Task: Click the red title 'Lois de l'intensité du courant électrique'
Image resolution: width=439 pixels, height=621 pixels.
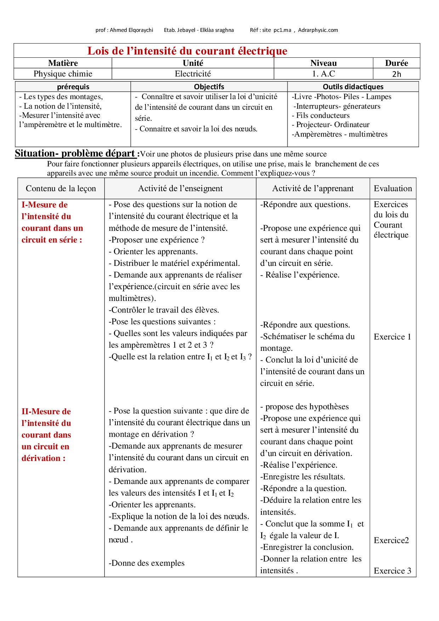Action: [x=187, y=51]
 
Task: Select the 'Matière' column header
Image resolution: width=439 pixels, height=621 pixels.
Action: [x=63, y=63]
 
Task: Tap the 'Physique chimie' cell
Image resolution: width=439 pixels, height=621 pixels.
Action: [x=63, y=74]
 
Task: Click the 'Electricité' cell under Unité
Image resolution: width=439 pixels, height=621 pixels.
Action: [x=193, y=74]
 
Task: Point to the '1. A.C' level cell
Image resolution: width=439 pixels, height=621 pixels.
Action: [x=324, y=74]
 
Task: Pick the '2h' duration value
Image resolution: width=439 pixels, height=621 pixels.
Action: [x=397, y=74]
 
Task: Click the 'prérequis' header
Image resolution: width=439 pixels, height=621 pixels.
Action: [x=73, y=87]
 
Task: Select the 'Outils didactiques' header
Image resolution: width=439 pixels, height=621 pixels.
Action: [x=353, y=87]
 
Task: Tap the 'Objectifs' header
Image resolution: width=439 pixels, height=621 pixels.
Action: [x=209, y=87]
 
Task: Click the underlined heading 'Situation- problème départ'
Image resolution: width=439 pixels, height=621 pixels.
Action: [x=75, y=154]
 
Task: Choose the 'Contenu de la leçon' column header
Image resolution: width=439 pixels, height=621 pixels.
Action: [x=61, y=188]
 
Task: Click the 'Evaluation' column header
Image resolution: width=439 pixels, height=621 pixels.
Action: [x=393, y=188]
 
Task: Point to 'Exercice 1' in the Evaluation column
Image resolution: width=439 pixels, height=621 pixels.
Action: [x=392, y=337]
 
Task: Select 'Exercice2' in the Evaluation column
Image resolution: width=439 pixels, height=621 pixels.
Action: [x=391, y=540]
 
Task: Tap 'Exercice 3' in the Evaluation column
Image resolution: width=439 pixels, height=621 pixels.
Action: [x=392, y=571]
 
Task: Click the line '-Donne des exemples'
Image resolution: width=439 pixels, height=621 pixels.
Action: [x=147, y=563]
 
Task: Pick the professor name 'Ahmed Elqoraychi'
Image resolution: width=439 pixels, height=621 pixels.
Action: [x=131, y=30]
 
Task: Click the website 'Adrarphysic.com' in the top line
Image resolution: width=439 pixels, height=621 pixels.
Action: [x=318, y=30]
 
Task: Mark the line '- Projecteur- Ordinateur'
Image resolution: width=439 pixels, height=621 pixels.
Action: [x=331, y=125]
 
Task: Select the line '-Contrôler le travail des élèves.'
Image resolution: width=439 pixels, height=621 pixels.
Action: [x=164, y=310]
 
